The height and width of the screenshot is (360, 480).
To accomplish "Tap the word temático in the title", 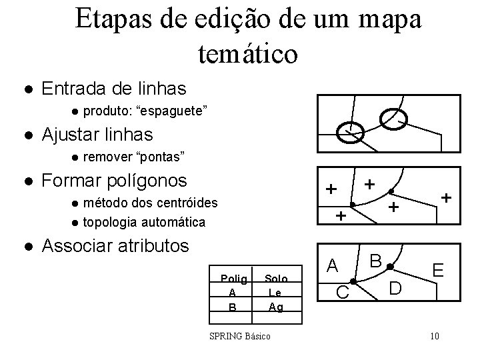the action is pyautogui.click(x=248, y=53).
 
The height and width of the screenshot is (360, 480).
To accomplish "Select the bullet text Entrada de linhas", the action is pyautogui.click(x=114, y=87).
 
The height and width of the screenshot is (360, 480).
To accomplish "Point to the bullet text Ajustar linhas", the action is pyautogui.click(x=97, y=134).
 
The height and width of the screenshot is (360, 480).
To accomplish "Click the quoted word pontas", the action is pyautogui.click(x=159, y=157).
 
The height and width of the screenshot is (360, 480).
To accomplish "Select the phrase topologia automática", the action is pyautogui.click(x=144, y=221).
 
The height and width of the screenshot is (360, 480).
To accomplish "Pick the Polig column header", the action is pyautogui.click(x=233, y=279).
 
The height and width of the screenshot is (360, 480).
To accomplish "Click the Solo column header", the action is pyautogui.click(x=275, y=279).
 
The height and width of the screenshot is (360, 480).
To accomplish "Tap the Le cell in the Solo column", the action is pyautogui.click(x=275, y=293).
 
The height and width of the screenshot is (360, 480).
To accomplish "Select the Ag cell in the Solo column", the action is pyautogui.click(x=275, y=307).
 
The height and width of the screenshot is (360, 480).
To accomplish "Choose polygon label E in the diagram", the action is pyautogui.click(x=438, y=271).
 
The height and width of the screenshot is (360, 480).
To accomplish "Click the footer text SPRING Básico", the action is pyautogui.click(x=240, y=336).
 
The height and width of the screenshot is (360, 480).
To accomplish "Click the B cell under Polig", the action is pyautogui.click(x=232, y=307).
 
